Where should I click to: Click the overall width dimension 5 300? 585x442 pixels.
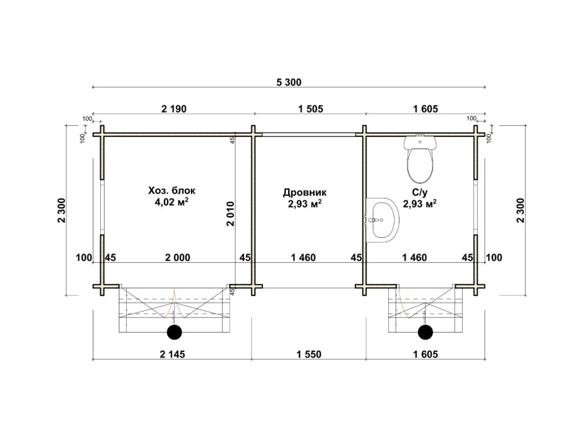click(289, 82)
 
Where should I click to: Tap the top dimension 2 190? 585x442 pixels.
click(174, 109)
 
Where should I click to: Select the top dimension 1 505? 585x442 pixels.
click(310, 109)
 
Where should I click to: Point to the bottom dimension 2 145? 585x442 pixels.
click(172, 354)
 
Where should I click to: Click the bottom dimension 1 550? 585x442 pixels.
click(309, 354)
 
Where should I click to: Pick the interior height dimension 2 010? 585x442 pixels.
click(230, 214)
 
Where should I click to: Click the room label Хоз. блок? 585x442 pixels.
click(172, 191)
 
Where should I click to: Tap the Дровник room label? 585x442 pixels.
click(305, 193)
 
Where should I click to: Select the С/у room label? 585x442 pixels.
click(420, 193)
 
